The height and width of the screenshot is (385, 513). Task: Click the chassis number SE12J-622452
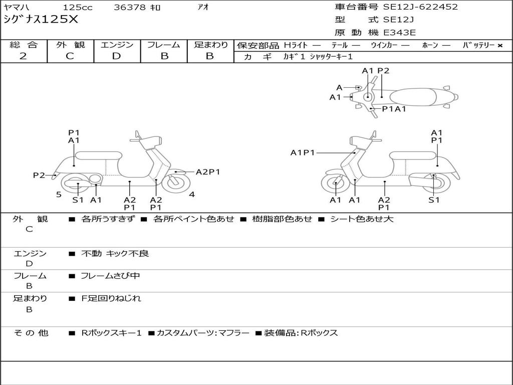point(420,7)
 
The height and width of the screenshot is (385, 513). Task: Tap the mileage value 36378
point(130,8)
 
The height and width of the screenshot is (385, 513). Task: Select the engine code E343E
point(400,33)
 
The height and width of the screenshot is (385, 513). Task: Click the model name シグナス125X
point(41,20)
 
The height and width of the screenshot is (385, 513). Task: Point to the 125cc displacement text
point(78,8)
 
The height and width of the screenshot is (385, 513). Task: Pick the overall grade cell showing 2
point(23,56)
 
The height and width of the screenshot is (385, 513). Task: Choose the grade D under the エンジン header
point(116,56)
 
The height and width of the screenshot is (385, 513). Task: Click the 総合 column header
point(24,45)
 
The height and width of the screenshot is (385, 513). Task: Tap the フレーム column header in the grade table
point(163,45)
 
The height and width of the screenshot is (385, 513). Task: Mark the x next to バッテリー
point(499,46)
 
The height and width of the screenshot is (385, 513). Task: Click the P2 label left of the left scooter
point(39,175)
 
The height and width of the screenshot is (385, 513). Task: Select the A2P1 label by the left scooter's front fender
point(208,172)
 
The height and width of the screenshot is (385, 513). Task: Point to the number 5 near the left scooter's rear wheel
point(59,195)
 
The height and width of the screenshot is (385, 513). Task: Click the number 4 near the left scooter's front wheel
point(192,195)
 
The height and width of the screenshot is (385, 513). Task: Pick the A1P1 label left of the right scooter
point(303,152)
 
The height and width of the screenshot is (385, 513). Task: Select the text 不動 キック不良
point(115,254)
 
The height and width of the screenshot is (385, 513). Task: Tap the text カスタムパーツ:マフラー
point(202,333)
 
